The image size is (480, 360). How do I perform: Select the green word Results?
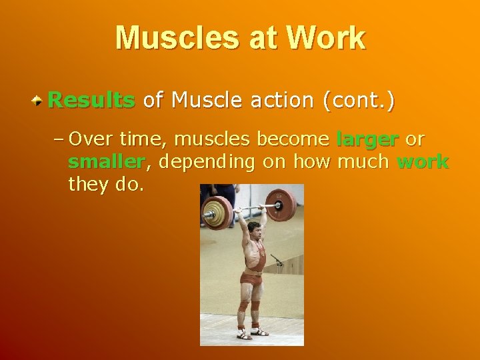click(x=91, y=101)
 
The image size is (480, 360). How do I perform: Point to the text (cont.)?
click(x=359, y=101)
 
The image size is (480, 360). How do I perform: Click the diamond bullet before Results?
click(x=39, y=101)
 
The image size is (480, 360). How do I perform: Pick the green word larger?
click(x=367, y=139)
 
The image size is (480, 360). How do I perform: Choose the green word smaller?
click(x=106, y=162)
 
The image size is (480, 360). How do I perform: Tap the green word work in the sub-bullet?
click(x=423, y=162)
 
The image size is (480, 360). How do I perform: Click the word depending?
click(x=201, y=162)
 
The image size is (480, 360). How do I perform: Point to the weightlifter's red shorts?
click(x=251, y=279)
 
